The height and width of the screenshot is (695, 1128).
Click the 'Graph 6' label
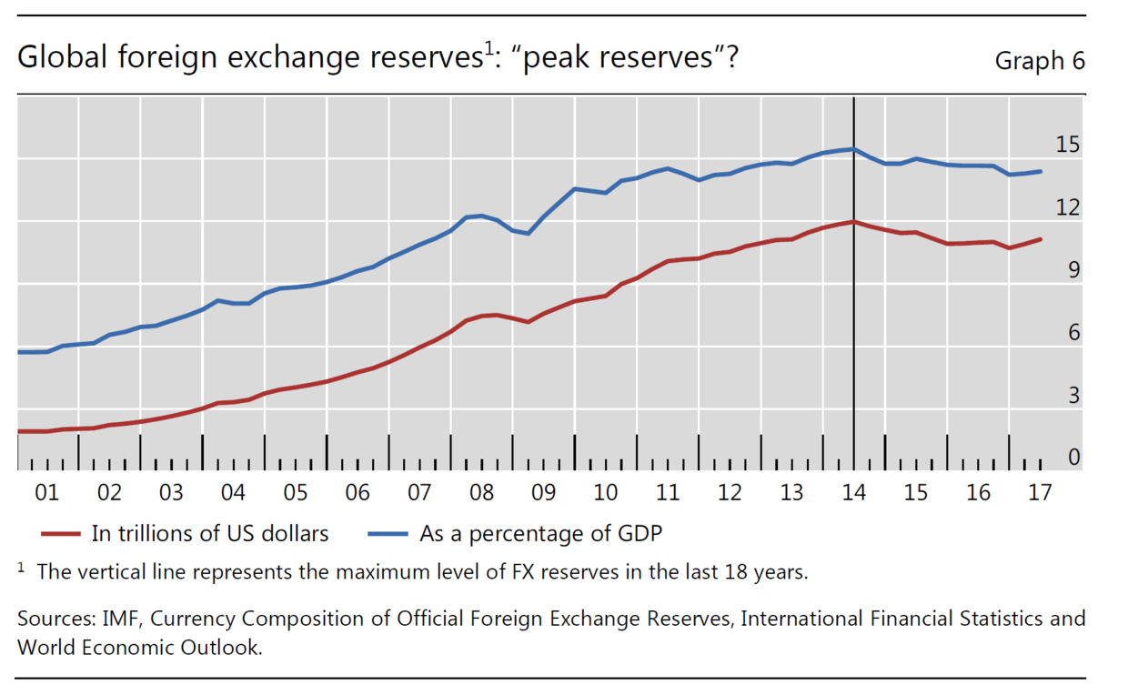pyautogui.click(x=1040, y=61)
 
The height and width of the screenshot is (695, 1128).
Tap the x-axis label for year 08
pyautogui.click(x=481, y=493)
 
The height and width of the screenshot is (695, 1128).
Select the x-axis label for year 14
pyautogui.click(x=853, y=493)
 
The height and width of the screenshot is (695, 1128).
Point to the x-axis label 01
pyautogui.click(x=47, y=493)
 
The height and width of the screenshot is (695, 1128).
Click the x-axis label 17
pyautogui.click(x=1039, y=493)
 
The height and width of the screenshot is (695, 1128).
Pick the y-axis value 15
pyautogui.click(x=1067, y=145)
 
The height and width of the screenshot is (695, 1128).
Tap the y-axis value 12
pyautogui.click(x=1067, y=207)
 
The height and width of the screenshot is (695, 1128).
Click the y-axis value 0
pyautogui.click(x=1073, y=458)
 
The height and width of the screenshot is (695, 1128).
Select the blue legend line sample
pyautogui.click(x=388, y=534)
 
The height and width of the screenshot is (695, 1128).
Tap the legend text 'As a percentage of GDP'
pyautogui.click(x=540, y=534)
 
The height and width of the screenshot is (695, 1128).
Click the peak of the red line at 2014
pyautogui.click(x=853, y=221)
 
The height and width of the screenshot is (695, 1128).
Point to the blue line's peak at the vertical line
pyautogui.click(x=853, y=149)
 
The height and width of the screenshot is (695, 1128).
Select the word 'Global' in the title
pyautogui.click(x=54, y=58)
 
